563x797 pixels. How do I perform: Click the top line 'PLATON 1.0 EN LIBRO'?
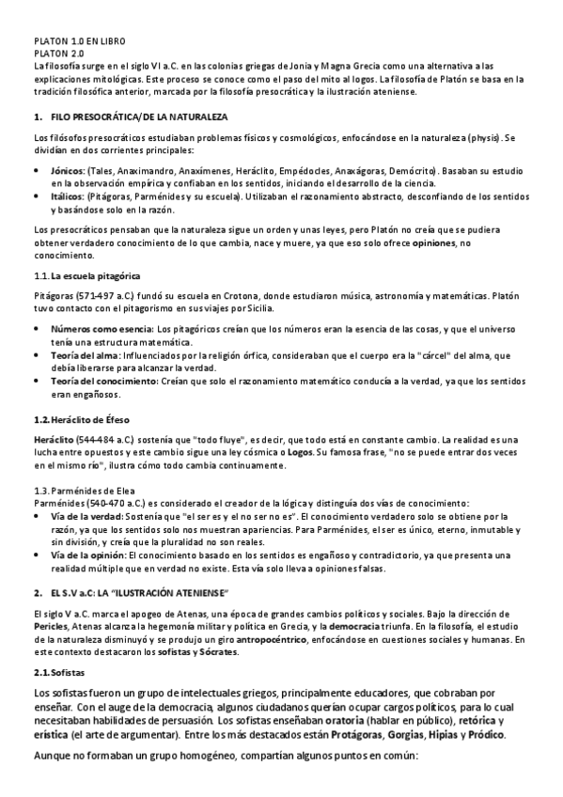pyautogui.click(x=79, y=43)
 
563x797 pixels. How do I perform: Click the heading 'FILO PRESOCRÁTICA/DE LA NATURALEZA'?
pyautogui.click(x=138, y=116)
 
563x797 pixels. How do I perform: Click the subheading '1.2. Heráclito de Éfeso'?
pyautogui.click(x=81, y=416)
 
